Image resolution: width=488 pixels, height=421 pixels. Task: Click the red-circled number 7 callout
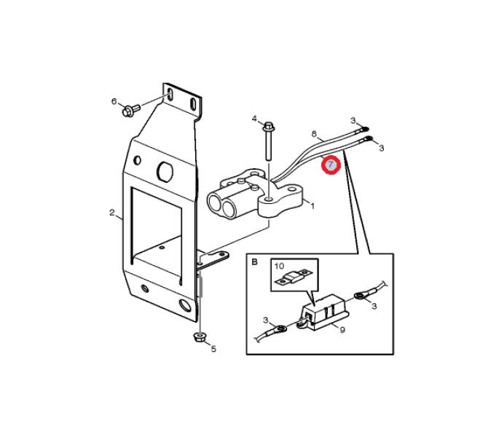point(331,165)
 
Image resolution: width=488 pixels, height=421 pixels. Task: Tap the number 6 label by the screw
point(114,101)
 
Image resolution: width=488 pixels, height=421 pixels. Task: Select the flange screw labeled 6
point(131,110)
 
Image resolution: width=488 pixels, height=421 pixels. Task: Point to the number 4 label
point(255,119)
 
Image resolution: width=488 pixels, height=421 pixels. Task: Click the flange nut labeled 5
point(199,337)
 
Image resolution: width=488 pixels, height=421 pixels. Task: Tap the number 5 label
point(213,349)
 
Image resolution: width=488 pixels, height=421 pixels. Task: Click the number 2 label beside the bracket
point(112,213)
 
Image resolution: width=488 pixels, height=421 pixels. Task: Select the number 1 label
point(312,206)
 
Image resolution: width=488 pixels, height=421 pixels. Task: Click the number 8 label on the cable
point(314,134)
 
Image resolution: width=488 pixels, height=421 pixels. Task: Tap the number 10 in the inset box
point(280,266)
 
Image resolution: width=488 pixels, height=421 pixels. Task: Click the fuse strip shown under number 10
point(294,277)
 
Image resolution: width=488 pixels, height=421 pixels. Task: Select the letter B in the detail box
point(255,262)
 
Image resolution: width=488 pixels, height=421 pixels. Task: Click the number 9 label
point(342,330)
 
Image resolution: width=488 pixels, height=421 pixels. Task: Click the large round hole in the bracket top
point(165,171)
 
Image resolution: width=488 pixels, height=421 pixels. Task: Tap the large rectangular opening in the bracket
point(157,232)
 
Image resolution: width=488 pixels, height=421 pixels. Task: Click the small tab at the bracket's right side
point(214,259)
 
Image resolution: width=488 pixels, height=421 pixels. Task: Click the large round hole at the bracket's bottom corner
point(186,305)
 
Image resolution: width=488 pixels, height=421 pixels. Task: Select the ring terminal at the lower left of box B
point(280,329)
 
